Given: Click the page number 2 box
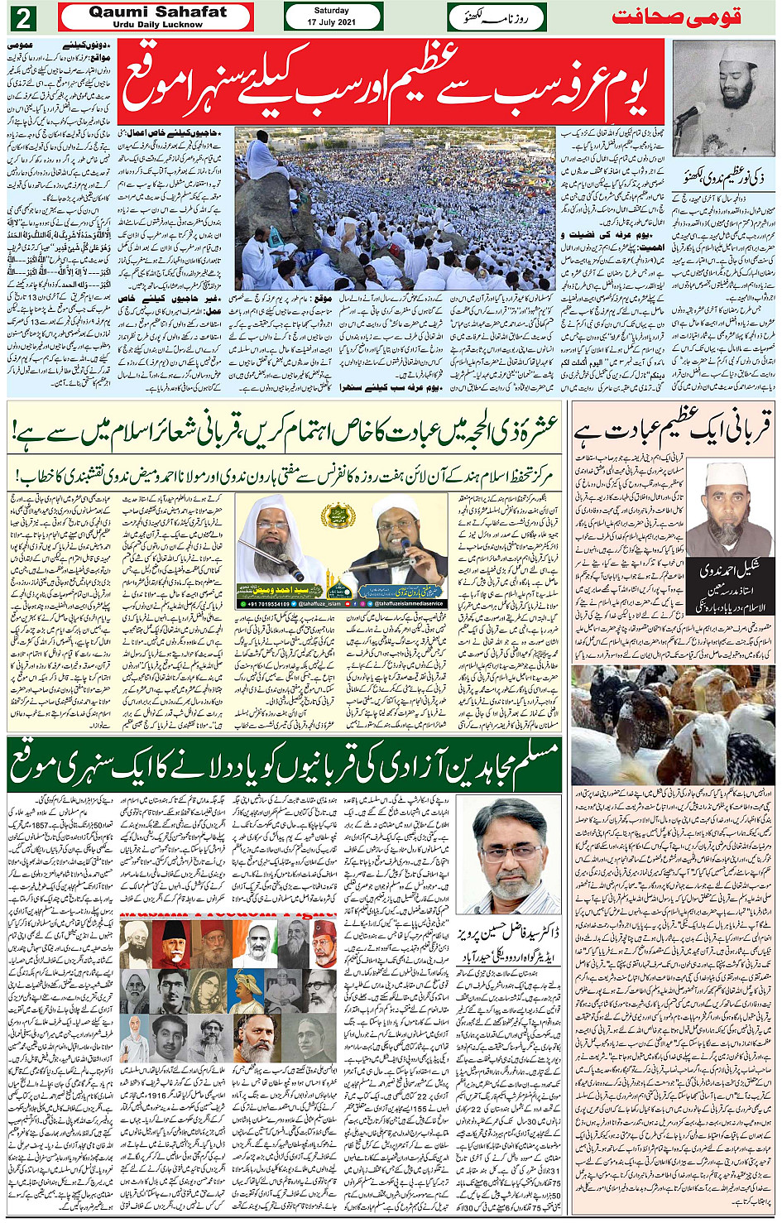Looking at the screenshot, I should point(23,17).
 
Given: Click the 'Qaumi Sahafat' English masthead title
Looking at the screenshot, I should point(157,12).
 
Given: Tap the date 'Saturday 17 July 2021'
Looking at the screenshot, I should point(332,17).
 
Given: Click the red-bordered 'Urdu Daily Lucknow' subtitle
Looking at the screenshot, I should point(157,25).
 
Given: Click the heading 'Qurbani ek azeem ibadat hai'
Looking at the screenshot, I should point(672,431).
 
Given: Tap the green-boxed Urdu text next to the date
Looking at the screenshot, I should point(495,17).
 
